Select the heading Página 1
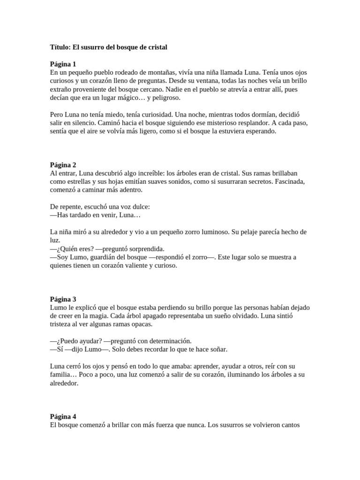tap(63, 64)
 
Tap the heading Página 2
tap(63, 165)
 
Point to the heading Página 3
tap(63, 299)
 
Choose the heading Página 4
tap(63, 416)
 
